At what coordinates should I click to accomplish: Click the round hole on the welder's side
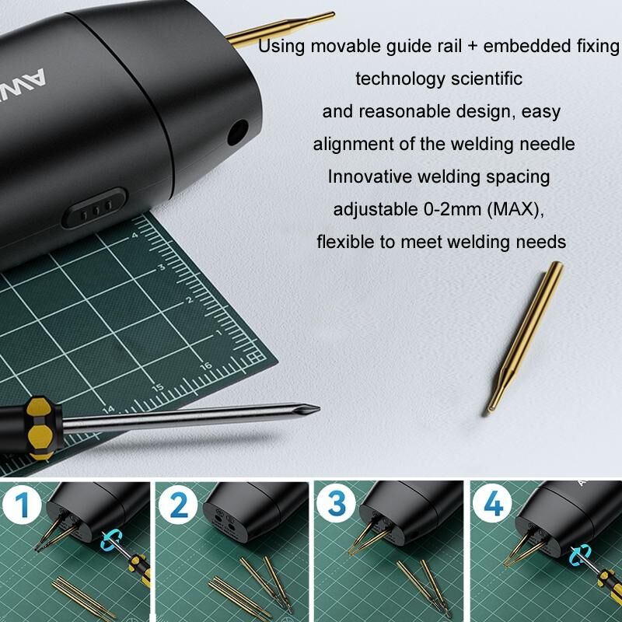click(x=238, y=132)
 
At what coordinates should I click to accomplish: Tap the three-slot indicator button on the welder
click(x=94, y=208)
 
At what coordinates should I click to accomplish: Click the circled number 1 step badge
click(x=22, y=505)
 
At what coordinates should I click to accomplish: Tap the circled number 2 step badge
click(x=178, y=505)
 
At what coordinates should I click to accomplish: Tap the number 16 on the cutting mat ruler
click(x=206, y=366)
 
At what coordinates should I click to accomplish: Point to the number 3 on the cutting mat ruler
click(x=162, y=267)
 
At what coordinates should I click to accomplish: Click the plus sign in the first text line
click(x=473, y=46)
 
